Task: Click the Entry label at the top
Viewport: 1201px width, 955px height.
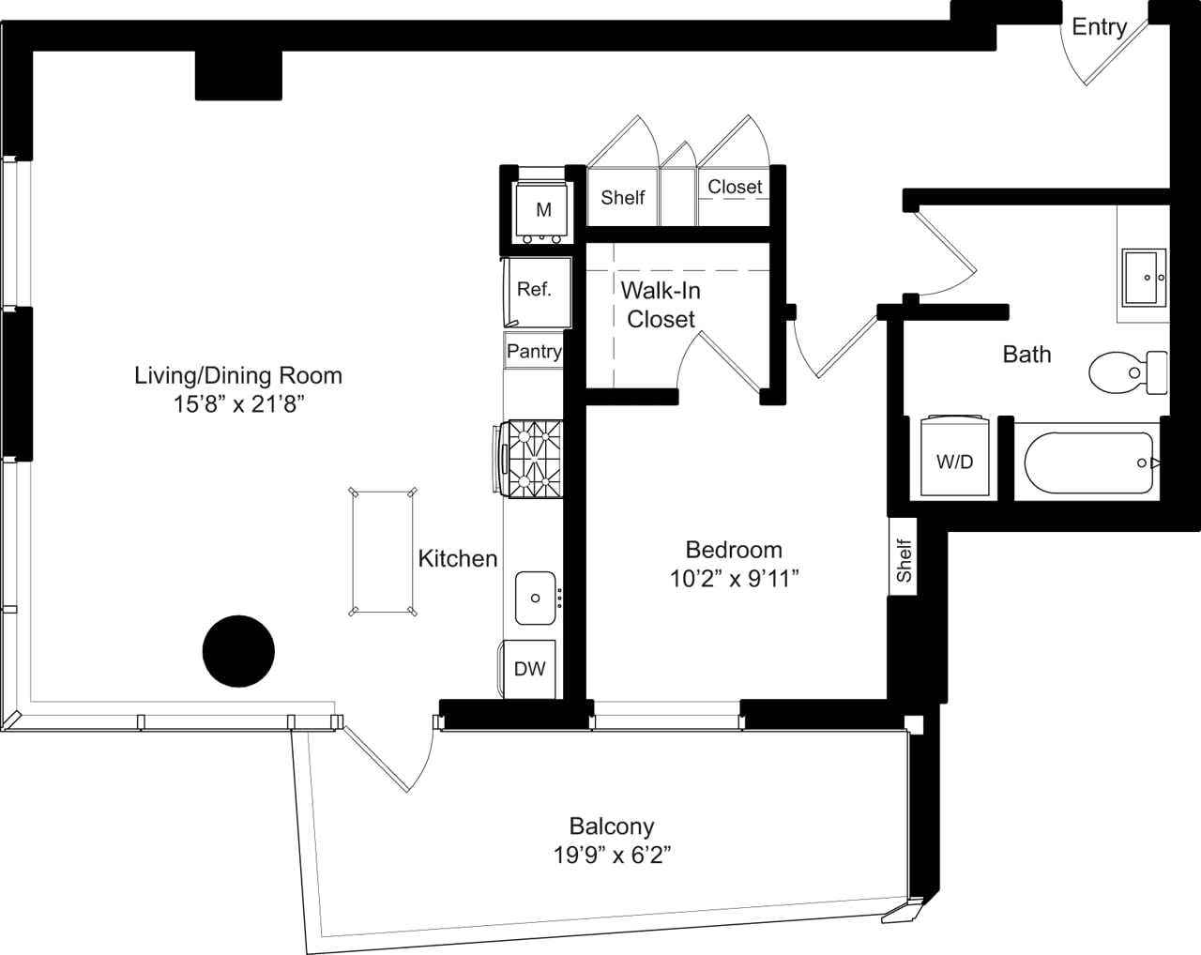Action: click(x=1099, y=26)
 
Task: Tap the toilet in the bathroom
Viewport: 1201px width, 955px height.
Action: click(x=1127, y=372)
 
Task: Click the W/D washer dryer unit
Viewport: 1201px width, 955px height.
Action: click(x=955, y=457)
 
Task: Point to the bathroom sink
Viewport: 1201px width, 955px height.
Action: click(x=1144, y=278)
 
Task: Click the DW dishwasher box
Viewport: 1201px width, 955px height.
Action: click(x=530, y=669)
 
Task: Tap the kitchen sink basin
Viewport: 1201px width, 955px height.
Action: click(x=536, y=598)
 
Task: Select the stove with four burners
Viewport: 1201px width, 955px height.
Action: click(x=533, y=459)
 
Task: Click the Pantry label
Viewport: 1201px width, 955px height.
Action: click(x=534, y=351)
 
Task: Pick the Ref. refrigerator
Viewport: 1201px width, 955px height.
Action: click(x=535, y=291)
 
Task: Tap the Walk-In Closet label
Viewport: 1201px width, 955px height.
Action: click(x=661, y=305)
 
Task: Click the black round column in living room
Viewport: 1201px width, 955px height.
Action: click(x=238, y=651)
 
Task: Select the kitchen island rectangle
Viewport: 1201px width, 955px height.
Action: click(x=382, y=552)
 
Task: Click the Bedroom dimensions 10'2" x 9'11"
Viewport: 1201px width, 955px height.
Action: click(x=734, y=579)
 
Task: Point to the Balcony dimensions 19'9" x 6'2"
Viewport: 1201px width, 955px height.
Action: click(x=612, y=856)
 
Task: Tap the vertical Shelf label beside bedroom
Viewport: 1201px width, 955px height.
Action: click(x=904, y=560)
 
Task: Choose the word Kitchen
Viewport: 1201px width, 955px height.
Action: click(x=458, y=558)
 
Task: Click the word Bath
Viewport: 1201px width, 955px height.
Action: click(x=1026, y=354)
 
